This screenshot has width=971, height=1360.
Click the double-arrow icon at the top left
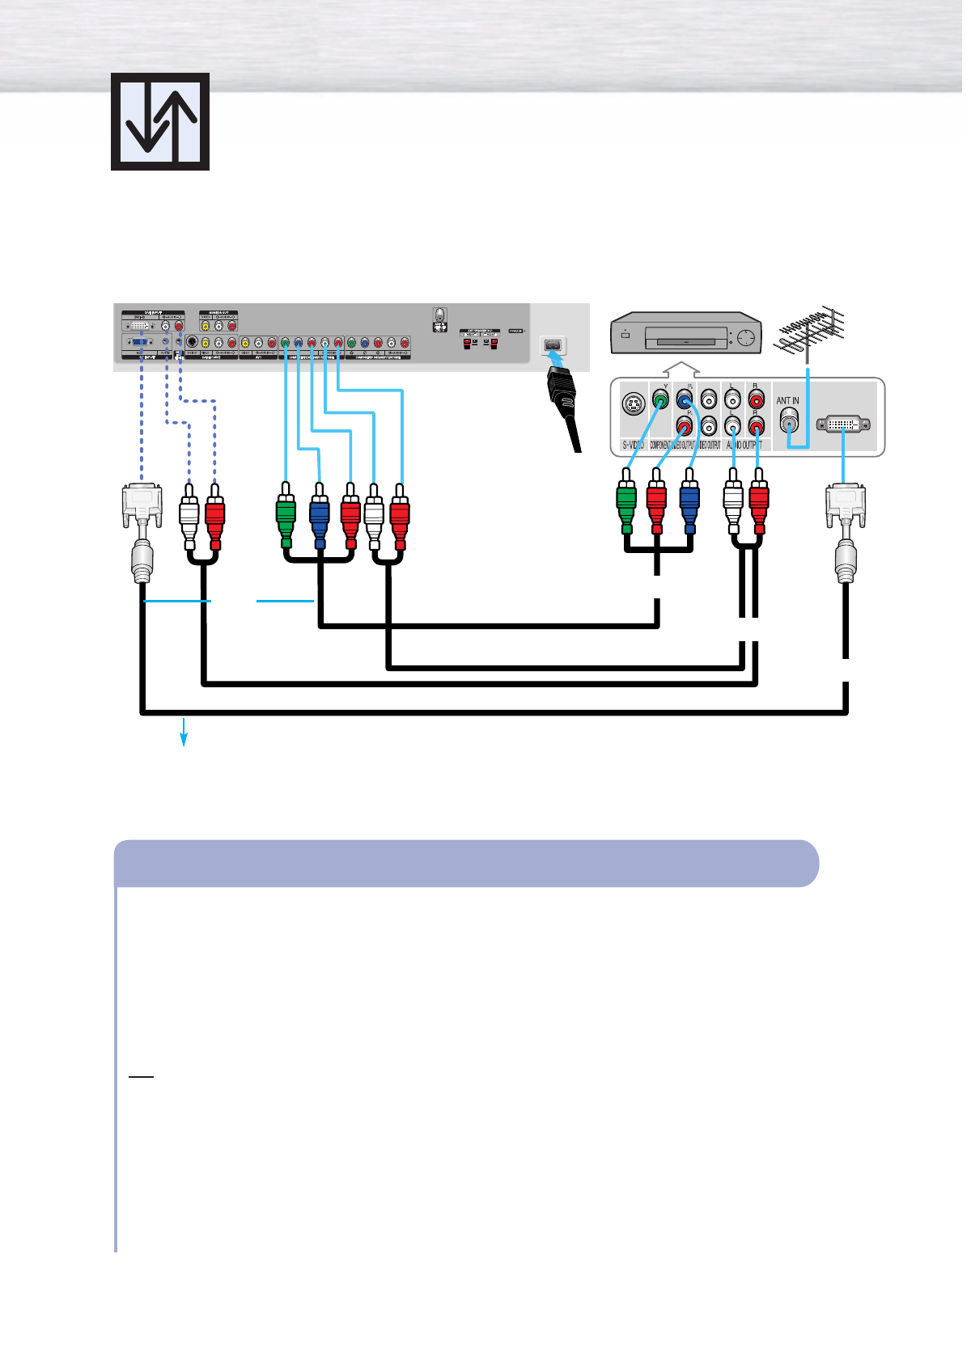point(160,121)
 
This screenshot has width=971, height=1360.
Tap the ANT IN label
point(787,401)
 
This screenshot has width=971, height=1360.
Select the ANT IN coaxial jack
point(788,420)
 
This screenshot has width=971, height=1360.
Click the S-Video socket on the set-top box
point(633,403)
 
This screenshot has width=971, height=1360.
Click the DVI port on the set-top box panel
point(843,424)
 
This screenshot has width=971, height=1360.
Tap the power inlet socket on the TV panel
point(553,346)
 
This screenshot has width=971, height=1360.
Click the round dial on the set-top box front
point(747,339)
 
